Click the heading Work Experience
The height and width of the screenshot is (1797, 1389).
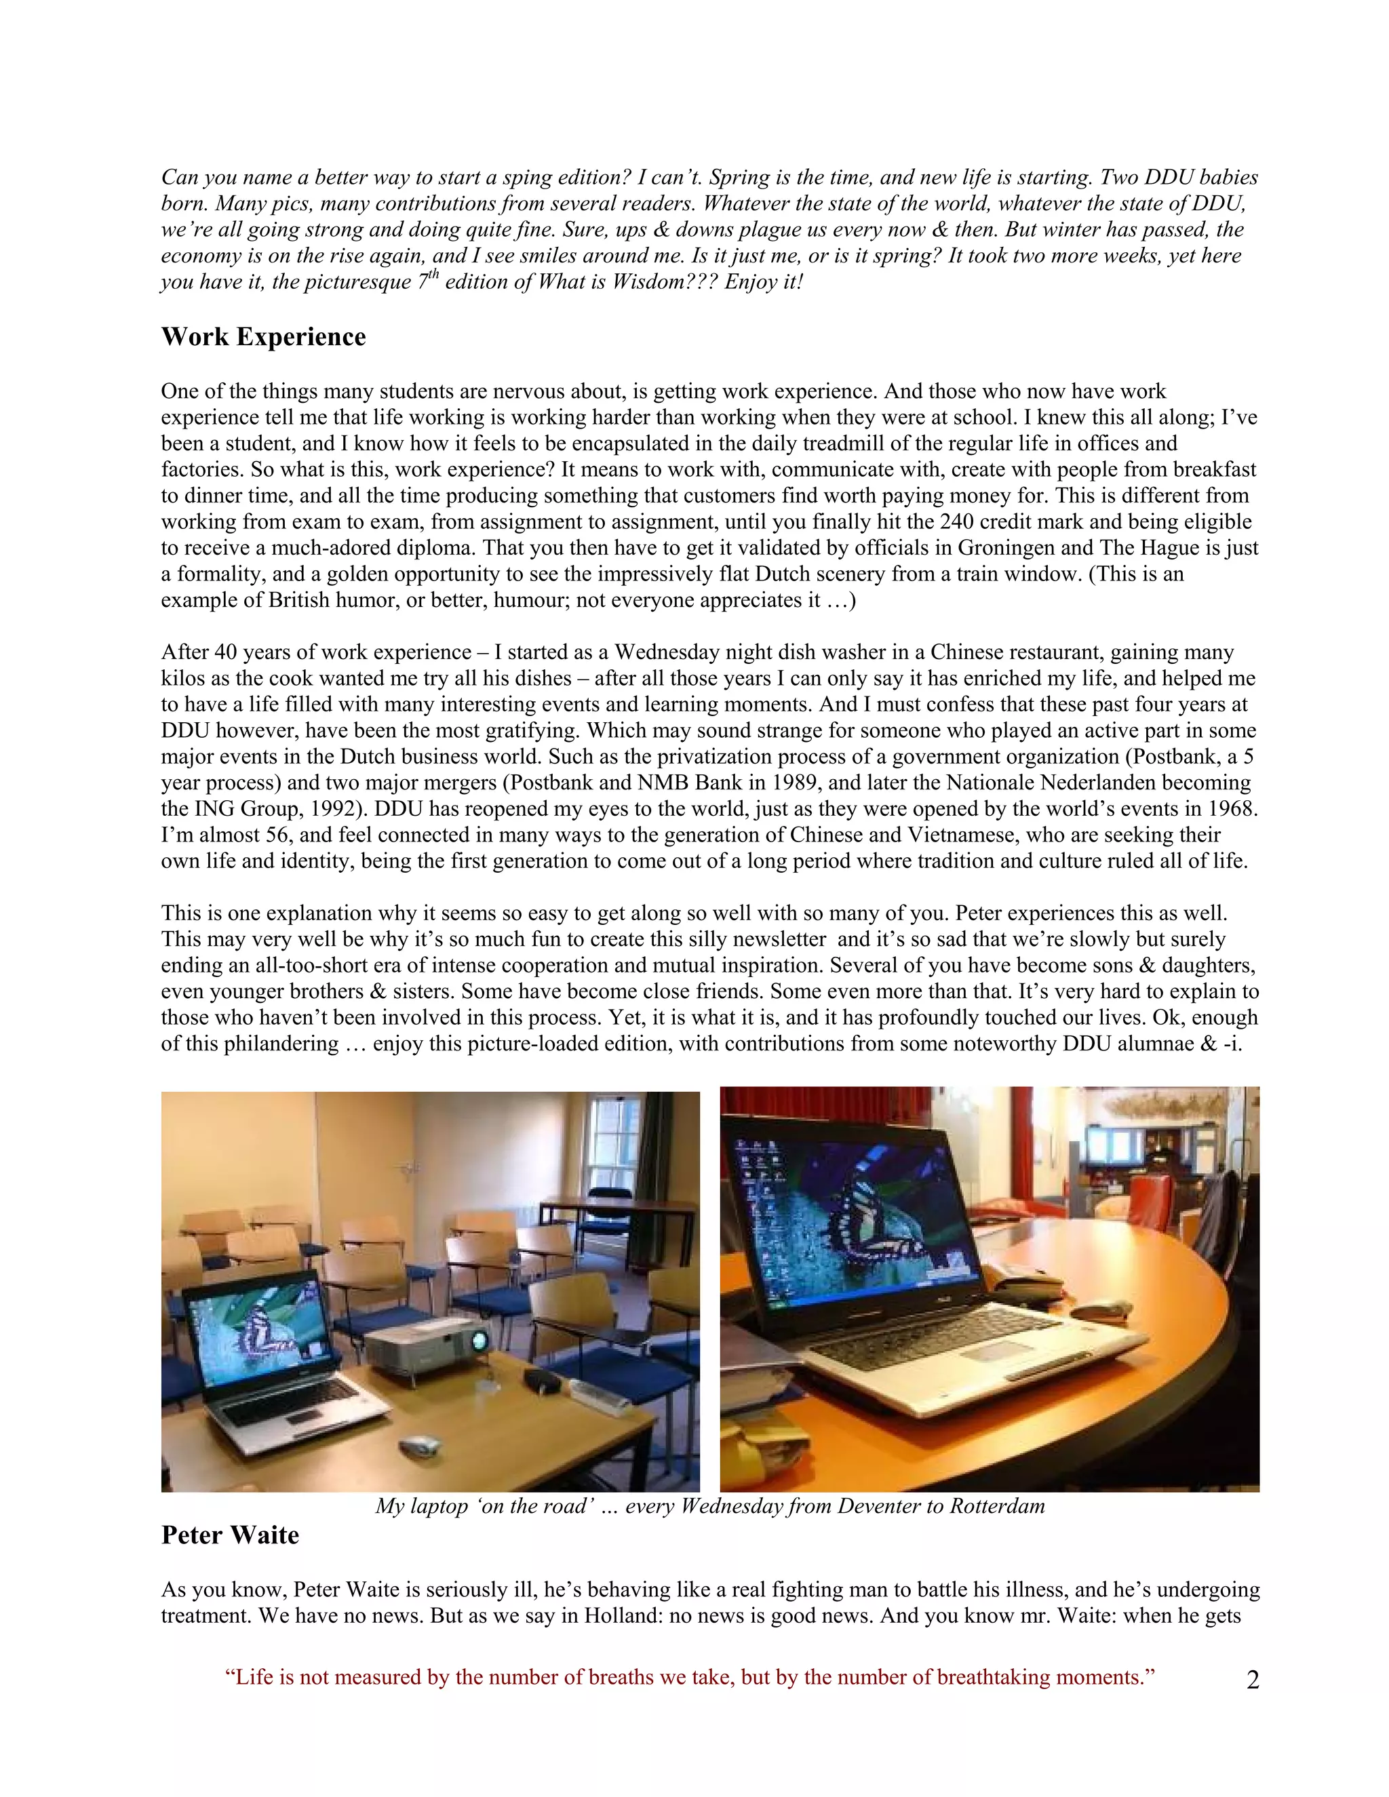[x=263, y=336]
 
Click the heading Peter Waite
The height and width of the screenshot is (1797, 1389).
[x=230, y=1535]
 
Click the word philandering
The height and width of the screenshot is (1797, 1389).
[x=282, y=1044]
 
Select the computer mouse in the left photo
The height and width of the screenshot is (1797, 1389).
[x=418, y=1444]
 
